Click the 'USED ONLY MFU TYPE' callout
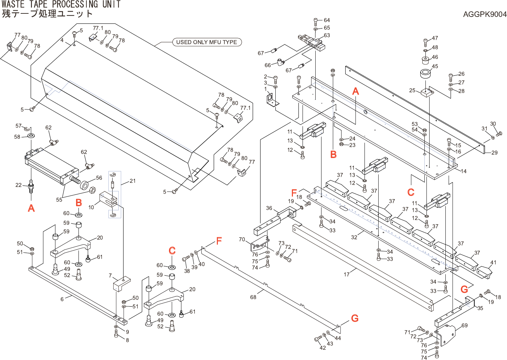pyautogui.click(x=207, y=42)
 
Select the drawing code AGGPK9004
pyautogui.click(x=485, y=14)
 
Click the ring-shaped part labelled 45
pyautogui.click(x=426, y=73)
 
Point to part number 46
pyautogui.click(x=435, y=57)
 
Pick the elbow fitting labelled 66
pyautogui.click(x=281, y=62)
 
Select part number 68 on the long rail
pyautogui.click(x=253, y=297)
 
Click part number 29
pyautogui.click(x=494, y=153)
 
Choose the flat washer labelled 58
pyautogui.click(x=31, y=136)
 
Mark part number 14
pyautogui.click(x=464, y=171)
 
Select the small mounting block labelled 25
pyautogui.click(x=427, y=93)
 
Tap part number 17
pyautogui.click(x=347, y=274)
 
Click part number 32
pyautogui.click(x=354, y=237)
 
